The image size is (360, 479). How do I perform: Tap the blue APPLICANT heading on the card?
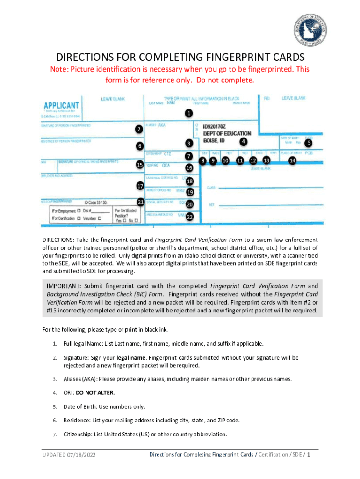pos(61,105)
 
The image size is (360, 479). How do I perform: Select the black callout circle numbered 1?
pos(188,113)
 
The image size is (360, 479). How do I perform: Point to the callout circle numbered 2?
pos(139,129)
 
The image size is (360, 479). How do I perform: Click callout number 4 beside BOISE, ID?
pos(244,141)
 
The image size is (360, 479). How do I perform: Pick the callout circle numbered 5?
pos(309,143)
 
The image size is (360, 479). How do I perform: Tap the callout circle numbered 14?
pos(292,160)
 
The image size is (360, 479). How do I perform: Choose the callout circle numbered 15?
pos(139,165)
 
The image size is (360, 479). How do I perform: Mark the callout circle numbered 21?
pos(140,202)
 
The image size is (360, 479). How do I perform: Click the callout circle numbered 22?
pos(189,217)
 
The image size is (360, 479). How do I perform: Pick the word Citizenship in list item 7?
pos(78,434)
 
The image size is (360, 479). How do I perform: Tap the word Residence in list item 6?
pos(77,420)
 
